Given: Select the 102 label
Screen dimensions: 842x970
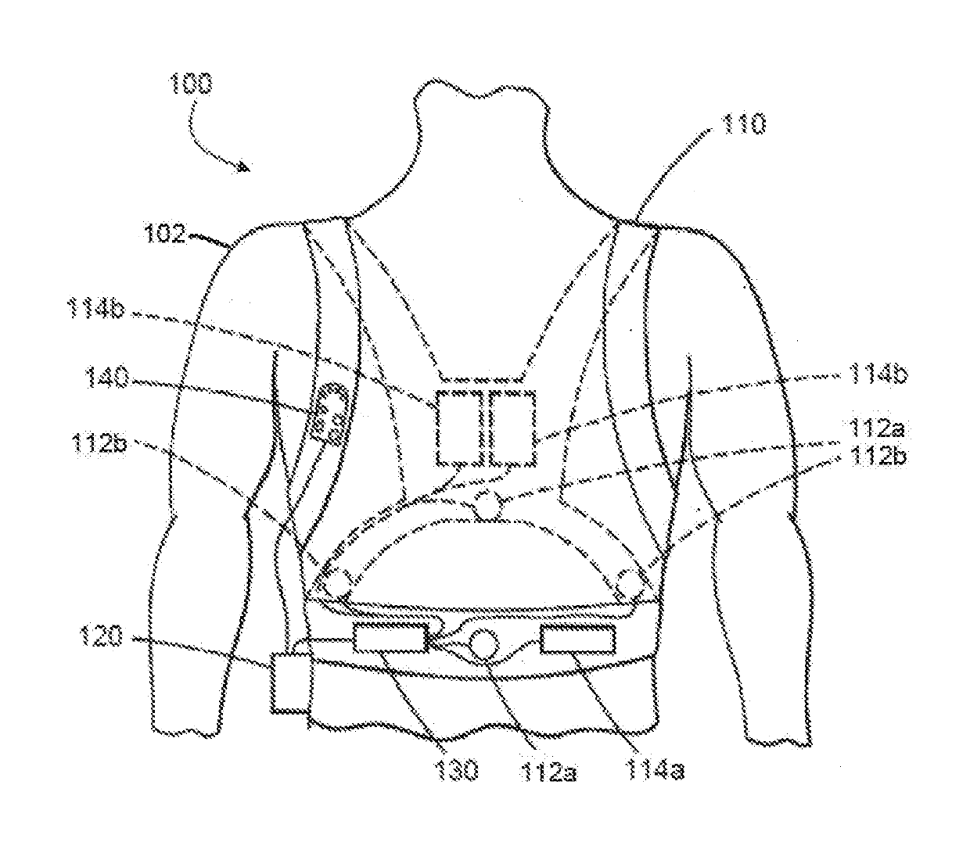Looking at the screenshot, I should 166,233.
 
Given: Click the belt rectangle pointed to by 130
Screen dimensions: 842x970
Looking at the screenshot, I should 390,640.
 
